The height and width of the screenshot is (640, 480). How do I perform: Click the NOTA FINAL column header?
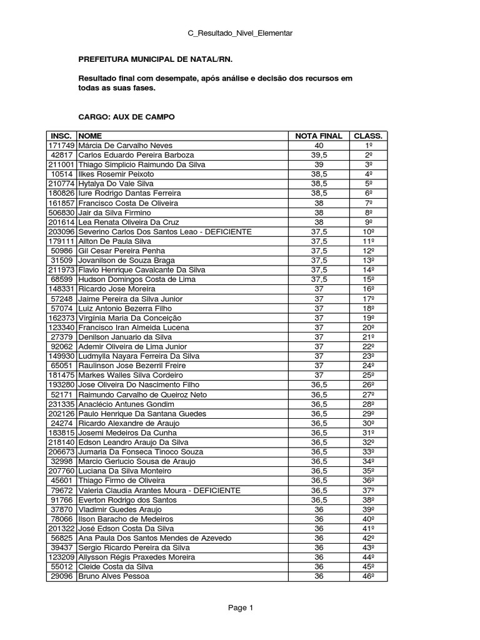click(319, 136)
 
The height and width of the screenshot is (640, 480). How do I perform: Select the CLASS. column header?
click(369, 136)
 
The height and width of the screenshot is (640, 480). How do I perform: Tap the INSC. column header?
click(61, 136)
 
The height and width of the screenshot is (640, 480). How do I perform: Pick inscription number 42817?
click(62, 155)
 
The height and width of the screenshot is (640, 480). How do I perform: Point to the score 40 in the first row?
click(319, 145)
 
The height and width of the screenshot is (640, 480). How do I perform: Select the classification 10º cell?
click(369, 232)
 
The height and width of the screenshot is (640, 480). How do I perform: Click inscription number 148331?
click(61, 289)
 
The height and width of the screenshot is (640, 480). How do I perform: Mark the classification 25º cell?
click(369, 376)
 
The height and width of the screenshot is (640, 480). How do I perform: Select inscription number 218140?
click(61, 442)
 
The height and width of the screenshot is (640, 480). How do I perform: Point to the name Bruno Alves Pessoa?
click(114, 577)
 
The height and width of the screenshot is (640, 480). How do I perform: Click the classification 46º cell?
click(369, 577)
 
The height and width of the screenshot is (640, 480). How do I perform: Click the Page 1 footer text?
click(240, 607)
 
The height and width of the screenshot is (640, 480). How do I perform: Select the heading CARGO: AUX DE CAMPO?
click(126, 117)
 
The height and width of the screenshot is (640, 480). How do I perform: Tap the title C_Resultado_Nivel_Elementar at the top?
click(240, 32)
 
